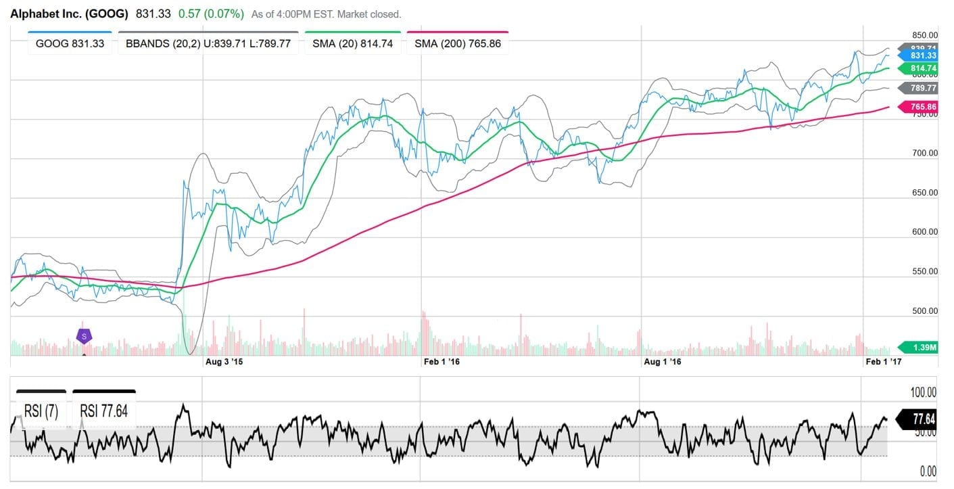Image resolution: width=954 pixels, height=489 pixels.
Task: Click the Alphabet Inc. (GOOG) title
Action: tap(69, 13)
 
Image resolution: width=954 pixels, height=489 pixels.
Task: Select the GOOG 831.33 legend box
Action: tap(70, 45)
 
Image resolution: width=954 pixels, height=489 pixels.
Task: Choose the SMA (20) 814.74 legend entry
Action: tap(352, 45)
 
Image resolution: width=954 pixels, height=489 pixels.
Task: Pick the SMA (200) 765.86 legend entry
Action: tap(457, 45)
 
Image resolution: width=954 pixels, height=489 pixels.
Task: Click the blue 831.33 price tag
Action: tap(918, 55)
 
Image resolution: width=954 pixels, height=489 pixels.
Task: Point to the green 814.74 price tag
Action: tap(918, 68)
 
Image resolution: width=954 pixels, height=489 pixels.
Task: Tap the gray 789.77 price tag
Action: tap(918, 88)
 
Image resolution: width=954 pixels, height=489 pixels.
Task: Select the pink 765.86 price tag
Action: tap(918, 108)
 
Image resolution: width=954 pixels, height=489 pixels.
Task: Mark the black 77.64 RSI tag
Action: tap(918, 420)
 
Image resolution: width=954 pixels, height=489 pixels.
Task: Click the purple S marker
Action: tap(84, 335)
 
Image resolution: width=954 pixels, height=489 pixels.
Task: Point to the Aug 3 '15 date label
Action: tap(223, 362)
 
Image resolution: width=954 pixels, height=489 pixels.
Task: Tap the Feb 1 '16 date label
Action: tap(442, 362)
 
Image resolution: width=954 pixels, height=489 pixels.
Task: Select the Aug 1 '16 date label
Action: tap(662, 362)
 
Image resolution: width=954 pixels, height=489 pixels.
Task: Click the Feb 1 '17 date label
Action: tap(884, 362)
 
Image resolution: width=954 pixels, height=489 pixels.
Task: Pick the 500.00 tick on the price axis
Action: tap(924, 311)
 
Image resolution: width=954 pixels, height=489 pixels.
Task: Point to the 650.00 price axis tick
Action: tap(924, 193)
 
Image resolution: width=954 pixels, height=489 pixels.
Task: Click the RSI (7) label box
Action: tap(41, 411)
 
